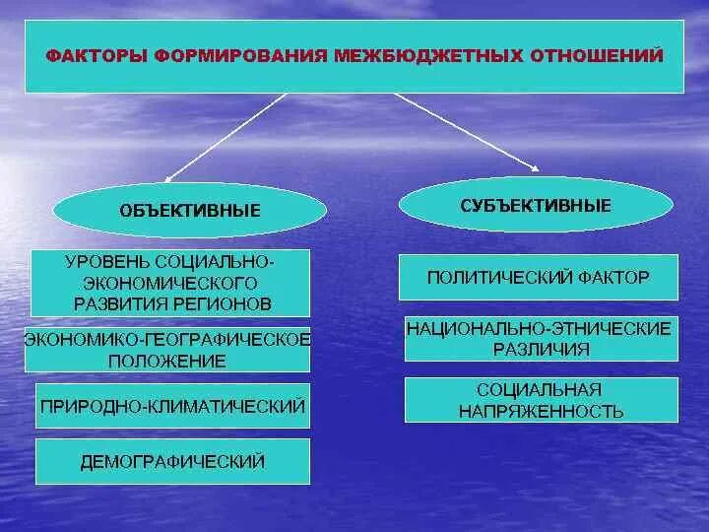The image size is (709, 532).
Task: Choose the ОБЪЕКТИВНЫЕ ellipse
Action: (190, 210)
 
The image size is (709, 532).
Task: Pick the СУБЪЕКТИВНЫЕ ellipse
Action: (536, 205)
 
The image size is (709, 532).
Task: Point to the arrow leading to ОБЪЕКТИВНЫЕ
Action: (226, 137)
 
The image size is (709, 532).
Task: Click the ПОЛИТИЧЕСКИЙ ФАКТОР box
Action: (538, 277)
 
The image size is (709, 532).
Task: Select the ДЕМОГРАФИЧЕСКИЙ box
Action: (172, 461)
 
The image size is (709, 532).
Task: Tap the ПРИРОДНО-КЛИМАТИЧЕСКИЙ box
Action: (172, 405)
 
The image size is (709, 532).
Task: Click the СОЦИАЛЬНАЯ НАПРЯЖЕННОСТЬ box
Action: (541, 400)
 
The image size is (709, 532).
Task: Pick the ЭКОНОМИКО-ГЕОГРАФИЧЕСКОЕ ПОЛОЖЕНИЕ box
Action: (167, 350)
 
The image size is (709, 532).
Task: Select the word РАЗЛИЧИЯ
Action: (539, 349)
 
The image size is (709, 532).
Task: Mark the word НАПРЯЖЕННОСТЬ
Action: (541, 411)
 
